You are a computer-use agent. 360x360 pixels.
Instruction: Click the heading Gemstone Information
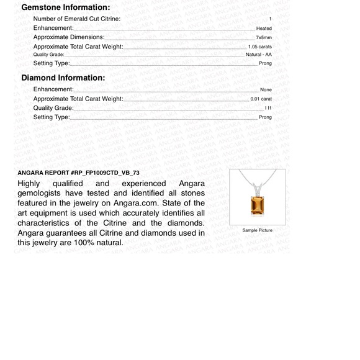point(65,7)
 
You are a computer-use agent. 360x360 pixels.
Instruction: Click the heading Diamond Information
point(63,78)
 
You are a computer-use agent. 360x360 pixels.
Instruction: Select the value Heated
point(264,29)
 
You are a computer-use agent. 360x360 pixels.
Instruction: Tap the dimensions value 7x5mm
point(264,38)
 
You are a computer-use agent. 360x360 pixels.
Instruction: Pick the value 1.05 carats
point(259,47)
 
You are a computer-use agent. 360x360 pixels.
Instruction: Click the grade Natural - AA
point(259,55)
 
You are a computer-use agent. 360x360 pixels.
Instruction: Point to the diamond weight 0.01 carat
point(261,99)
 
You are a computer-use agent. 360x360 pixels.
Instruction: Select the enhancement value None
point(266,90)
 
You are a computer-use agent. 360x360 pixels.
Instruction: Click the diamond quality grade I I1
point(268,108)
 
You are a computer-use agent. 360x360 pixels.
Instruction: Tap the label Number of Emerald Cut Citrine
point(85,19)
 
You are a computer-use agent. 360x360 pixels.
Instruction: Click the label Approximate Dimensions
point(68,37)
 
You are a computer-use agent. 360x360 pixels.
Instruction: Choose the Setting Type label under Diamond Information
point(52,117)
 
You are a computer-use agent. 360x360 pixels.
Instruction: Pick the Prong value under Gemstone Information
point(265,63)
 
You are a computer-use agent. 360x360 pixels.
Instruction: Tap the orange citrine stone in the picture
point(257,205)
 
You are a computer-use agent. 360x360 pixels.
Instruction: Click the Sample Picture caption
point(257,230)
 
